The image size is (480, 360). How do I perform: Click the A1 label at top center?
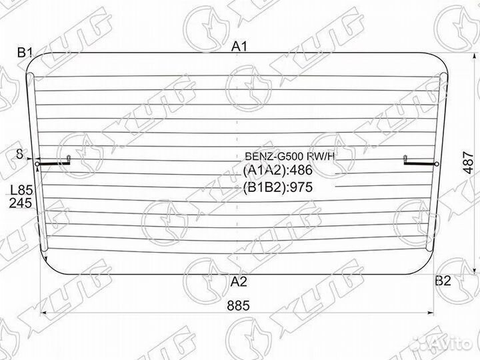pos(239,47)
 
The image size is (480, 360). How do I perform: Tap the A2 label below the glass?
pos(239,281)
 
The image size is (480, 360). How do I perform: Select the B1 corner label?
pos(25,53)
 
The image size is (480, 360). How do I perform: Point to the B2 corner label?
pos(443,281)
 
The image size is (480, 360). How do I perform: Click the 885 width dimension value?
pos(239,305)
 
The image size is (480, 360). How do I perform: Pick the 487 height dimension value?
pos(468,162)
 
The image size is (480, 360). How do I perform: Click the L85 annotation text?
pos(21,191)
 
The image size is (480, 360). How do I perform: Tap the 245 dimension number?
pos(21,203)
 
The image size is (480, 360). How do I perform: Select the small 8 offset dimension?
pos(19,154)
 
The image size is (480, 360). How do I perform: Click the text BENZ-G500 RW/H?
pos(290,157)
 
